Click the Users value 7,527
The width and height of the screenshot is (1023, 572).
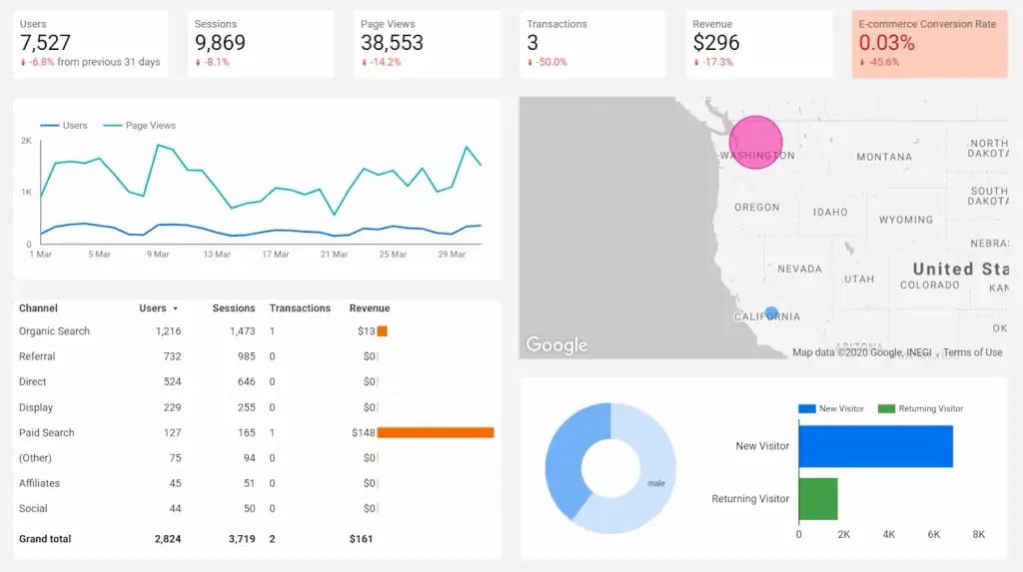coord(47,43)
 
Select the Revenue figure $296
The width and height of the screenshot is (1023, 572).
coord(716,43)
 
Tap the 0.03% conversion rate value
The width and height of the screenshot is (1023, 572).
coord(887,43)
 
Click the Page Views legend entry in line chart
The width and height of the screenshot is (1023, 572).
coord(150,126)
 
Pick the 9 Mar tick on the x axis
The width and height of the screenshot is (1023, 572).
coord(158,255)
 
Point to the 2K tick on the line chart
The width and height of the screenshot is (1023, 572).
coord(26,141)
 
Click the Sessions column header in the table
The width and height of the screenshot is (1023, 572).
coord(234,308)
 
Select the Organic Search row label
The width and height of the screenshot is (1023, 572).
coord(54,331)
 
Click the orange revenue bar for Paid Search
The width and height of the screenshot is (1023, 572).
coord(436,433)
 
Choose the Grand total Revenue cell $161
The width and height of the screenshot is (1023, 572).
coord(361,539)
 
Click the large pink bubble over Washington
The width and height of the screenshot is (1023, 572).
coord(755,142)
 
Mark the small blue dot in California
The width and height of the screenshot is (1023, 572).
coord(770,312)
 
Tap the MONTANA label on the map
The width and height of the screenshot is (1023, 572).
coord(883,157)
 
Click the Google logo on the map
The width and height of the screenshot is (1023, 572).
coord(556,345)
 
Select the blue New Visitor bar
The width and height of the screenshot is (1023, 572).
coord(875,446)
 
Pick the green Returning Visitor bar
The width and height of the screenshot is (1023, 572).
coord(818,498)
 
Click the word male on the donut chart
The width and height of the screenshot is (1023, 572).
coord(656,484)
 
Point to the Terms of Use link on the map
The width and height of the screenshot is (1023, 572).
coord(972,352)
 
